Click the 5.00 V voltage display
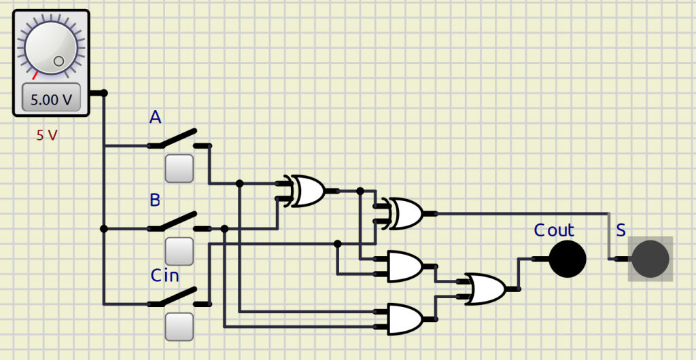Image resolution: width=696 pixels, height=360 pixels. pos(51,99)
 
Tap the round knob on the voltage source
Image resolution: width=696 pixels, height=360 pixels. pos(51,46)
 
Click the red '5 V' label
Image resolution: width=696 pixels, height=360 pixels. pos(47,135)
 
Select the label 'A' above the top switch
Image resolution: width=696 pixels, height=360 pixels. pos(156,118)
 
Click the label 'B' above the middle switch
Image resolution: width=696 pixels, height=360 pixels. pos(155,200)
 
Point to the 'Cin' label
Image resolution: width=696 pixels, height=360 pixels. pos(164,275)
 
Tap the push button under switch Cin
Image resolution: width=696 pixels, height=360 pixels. pos(179,326)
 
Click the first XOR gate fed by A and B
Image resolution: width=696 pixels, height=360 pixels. pos(307,191)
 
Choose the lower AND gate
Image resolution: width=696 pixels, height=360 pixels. pos(404,319)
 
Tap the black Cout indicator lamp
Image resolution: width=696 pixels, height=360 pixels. pos(567,259)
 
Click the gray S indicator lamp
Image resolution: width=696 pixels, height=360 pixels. pos(650,259)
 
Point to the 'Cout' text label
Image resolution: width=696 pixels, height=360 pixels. pos(553,230)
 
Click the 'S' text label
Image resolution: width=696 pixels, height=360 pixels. pos(621,230)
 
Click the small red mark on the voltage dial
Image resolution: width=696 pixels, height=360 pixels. pos(35,75)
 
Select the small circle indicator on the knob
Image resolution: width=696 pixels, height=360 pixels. pos(58,61)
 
